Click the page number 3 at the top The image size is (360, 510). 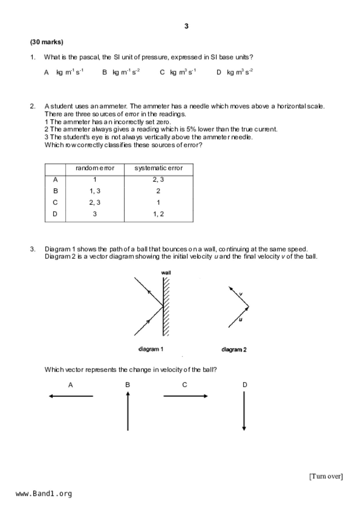point(186,26)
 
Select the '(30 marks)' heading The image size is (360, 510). point(46,42)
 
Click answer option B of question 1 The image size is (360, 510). point(121,72)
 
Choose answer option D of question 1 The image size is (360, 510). point(235,72)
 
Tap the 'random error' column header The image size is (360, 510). point(95,168)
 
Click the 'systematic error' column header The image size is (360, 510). point(158,168)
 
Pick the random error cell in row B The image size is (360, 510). point(95,191)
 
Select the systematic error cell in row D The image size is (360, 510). point(158,214)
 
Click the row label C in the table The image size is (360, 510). point(55,202)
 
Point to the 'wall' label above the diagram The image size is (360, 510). point(166,273)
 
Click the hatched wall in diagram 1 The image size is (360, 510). point(166,306)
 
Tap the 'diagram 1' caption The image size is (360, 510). point(151,349)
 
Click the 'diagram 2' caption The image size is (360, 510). point(234,349)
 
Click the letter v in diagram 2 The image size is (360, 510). point(241,294)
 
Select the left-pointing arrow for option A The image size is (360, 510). point(71,396)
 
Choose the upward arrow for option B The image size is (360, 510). point(128,411)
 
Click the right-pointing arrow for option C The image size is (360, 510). point(185,396)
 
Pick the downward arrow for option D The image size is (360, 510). point(244,411)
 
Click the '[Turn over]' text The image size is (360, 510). point(326,476)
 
